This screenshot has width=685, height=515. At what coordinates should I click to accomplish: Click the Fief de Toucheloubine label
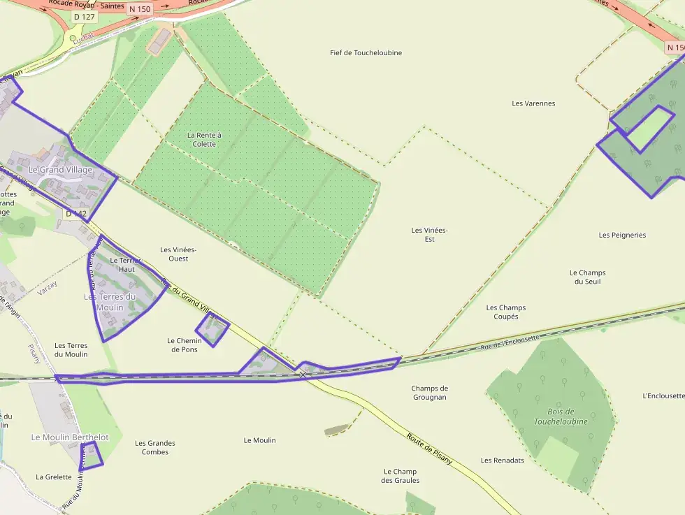[366, 53]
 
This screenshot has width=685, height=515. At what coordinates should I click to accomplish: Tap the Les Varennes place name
[533, 103]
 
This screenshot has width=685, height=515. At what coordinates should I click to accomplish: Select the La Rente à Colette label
[204, 139]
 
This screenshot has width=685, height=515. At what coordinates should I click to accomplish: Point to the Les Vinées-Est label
[429, 235]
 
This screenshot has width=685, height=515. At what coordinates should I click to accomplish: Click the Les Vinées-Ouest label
[178, 254]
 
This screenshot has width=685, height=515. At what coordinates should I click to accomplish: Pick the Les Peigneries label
[622, 235]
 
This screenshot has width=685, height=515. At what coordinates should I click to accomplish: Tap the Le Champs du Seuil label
[587, 277]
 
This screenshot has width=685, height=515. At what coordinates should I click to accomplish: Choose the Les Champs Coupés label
[506, 312]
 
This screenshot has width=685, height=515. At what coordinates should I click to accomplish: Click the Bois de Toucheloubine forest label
[561, 416]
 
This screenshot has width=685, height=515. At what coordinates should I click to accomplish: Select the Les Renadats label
[502, 460]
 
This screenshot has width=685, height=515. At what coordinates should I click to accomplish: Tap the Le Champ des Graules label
[400, 476]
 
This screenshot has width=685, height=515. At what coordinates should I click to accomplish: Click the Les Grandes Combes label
[155, 447]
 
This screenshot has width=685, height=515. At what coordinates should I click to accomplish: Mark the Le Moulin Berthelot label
[70, 437]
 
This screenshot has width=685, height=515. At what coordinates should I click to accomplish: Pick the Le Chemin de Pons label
[185, 345]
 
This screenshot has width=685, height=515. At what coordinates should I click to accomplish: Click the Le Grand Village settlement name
[60, 170]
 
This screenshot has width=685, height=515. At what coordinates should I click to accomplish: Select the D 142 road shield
[76, 213]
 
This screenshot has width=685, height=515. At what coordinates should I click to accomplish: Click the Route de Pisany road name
[429, 449]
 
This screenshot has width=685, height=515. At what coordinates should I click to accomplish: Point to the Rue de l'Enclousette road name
[510, 342]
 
